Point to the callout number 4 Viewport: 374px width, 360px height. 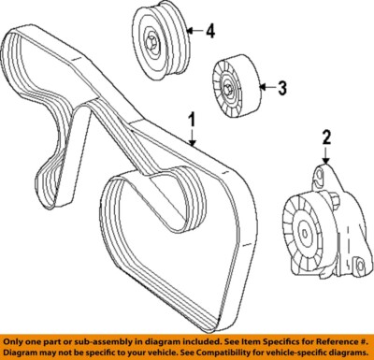click(210, 33)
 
